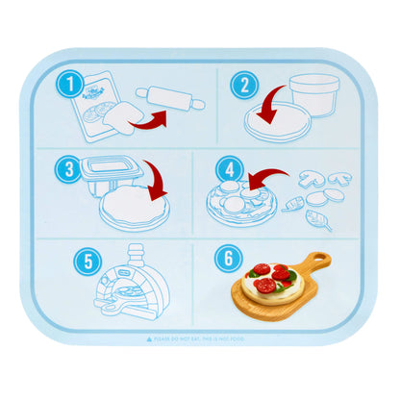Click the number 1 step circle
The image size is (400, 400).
point(67,86)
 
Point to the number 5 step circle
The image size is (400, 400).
point(88,261)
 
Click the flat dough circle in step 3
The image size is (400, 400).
point(131,208)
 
